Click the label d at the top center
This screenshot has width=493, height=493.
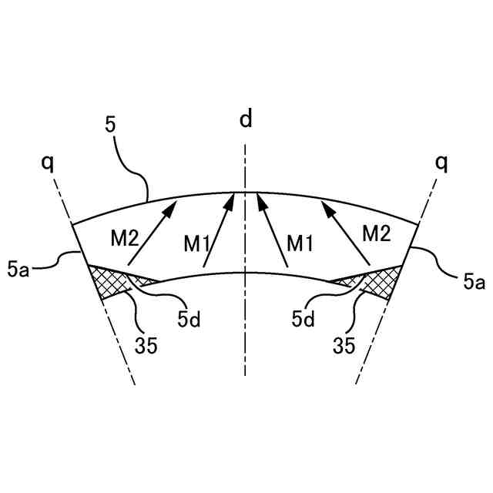pos(245,119)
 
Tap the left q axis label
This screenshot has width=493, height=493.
pos(50,163)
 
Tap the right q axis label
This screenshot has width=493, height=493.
pos(441,163)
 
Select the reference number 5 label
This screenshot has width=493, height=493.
pos(111,124)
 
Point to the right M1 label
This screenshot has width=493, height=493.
pos(300,244)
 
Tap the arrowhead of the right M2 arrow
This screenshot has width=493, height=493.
pos(326,203)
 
